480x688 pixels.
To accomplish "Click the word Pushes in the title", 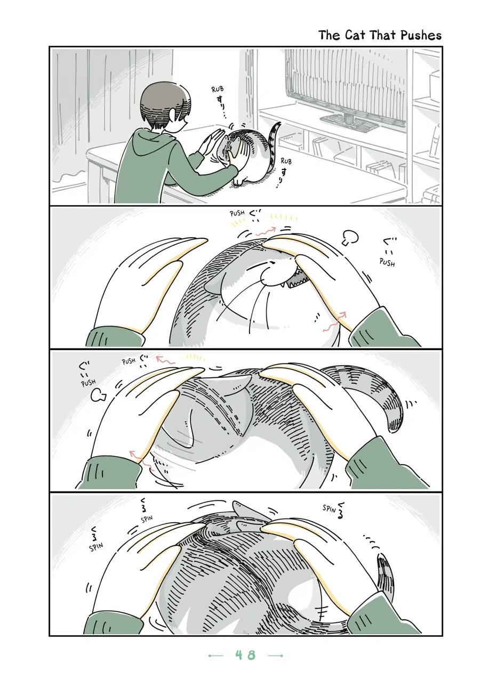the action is tap(421, 36).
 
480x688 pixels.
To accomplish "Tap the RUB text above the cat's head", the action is tap(218, 90).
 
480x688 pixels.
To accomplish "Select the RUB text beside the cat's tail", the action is tap(286, 161).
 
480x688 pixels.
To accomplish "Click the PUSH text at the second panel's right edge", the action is tap(387, 262).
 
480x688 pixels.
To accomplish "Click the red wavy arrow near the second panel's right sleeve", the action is tap(334, 322).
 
